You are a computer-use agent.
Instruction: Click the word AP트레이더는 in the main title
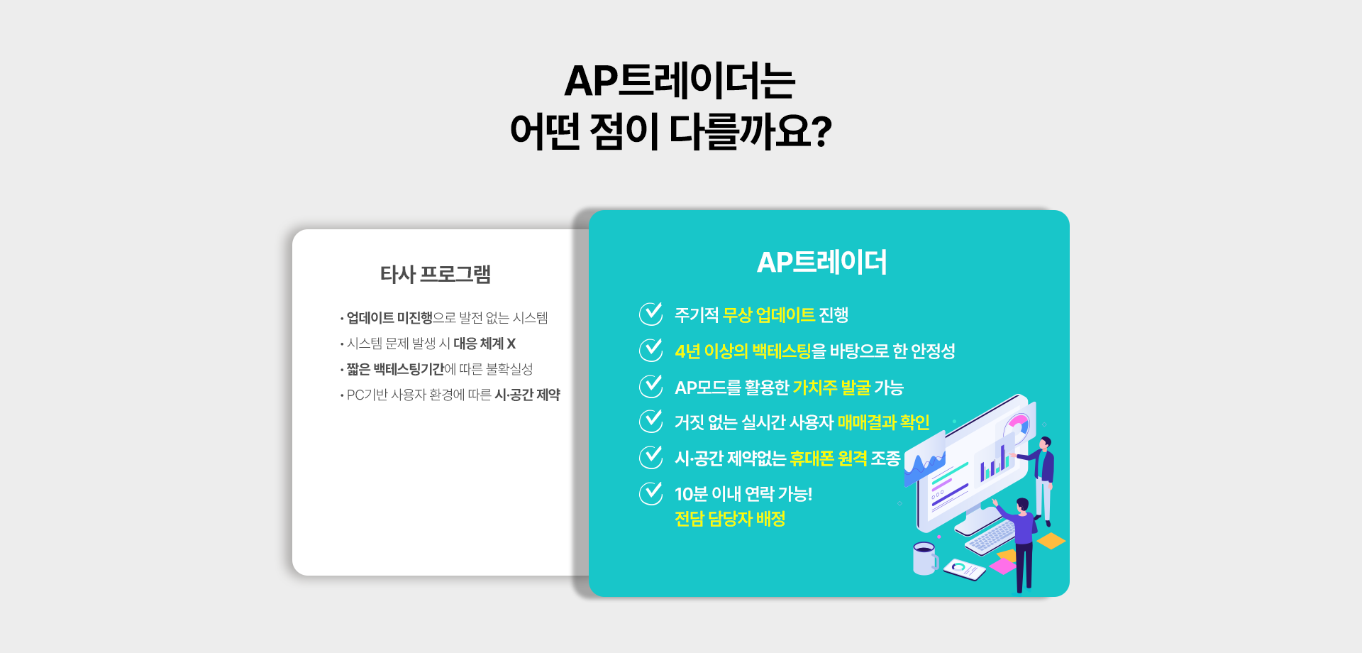(680, 81)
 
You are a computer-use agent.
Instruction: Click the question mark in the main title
(820, 131)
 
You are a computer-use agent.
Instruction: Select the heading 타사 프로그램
(436, 274)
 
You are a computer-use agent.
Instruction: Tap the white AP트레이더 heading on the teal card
(822, 262)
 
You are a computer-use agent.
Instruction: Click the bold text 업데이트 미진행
(389, 317)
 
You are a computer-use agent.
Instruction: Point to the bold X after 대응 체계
(511, 344)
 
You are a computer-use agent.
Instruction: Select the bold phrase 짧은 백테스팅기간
(395, 369)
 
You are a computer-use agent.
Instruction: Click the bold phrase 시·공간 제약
(527, 395)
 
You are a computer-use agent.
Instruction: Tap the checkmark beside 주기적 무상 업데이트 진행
(650, 313)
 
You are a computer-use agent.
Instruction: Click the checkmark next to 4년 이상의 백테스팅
(650, 349)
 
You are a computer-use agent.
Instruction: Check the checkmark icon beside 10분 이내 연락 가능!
(650, 493)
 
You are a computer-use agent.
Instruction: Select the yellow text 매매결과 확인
(883, 422)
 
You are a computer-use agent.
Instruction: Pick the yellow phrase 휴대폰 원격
(829, 459)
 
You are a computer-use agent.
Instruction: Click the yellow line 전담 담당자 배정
(730, 519)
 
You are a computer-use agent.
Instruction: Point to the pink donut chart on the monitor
(1017, 429)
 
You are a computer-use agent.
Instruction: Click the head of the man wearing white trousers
(1046, 443)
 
